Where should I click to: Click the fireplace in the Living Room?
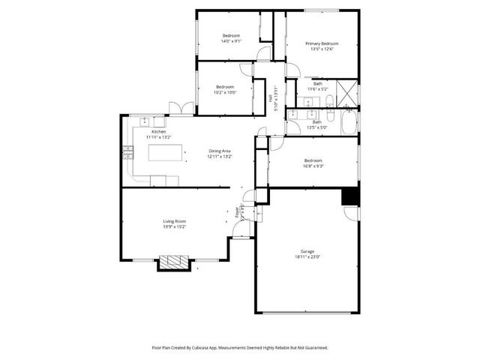(175, 262)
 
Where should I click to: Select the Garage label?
(307, 251)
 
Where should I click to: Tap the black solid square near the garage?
(349, 196)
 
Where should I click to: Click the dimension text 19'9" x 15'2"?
(175, 226)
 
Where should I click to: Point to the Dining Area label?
(220, 151)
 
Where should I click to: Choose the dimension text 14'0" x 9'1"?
(230, 42)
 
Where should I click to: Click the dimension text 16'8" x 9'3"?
(313, 166)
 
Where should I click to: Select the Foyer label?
(239, 211)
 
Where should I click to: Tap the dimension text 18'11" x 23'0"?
(307, 257)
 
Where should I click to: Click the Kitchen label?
(158, 131)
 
